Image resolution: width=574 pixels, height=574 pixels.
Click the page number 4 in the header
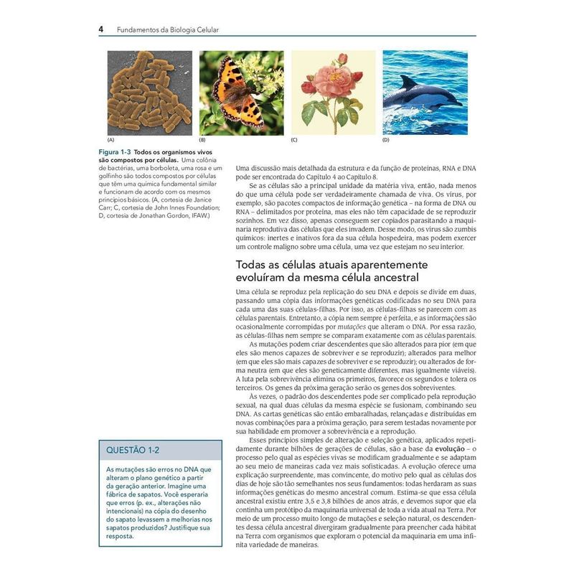tap(101, 30)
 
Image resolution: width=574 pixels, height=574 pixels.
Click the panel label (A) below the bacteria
tap(110, 141)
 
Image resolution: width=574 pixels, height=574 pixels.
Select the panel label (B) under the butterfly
tap(202, 141)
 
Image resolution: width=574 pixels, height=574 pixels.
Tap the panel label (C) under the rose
tap(294, 141)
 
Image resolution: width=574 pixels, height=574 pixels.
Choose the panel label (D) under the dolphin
tap(386, 141)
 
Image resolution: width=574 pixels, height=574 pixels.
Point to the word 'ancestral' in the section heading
tap(390, 277)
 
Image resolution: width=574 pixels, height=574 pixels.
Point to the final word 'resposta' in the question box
tap(119, 535)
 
